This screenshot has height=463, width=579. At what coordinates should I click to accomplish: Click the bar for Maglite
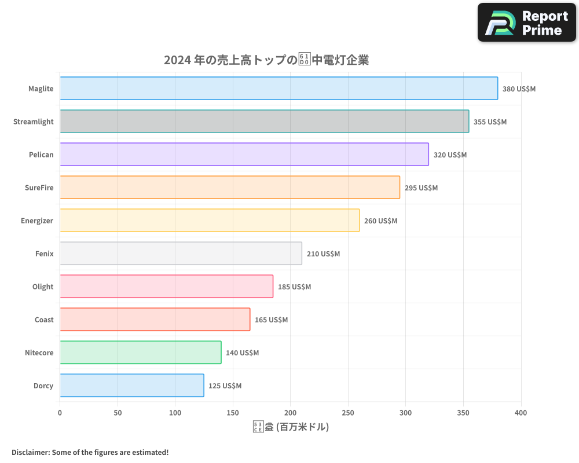click(x=278, y=89)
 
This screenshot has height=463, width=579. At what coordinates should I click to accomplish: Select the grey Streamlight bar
click(x=264, y=122)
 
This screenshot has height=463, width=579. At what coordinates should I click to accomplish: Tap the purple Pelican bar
click(x=244, y=155)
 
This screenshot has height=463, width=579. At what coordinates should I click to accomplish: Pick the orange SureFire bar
click(x=229, y=188)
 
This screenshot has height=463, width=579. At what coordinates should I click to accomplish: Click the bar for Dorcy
click(x=131, y=385)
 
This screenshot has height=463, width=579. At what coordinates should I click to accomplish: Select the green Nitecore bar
click(x=140, y=352)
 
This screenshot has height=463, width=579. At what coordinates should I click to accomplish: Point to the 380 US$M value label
click(x=519, y=89)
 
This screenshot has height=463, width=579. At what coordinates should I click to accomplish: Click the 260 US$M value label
click(x=380, y=221)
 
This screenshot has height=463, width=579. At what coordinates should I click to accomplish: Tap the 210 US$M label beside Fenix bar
click(x=323, y=254)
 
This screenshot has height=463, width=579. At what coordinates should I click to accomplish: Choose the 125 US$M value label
click(x=225, y=386)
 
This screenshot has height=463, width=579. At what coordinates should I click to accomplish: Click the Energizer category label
click(x=38, y=221)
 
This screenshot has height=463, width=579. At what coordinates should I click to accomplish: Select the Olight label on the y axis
click(x=43, y=286)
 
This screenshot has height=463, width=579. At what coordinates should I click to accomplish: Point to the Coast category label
click(x=44, y=319)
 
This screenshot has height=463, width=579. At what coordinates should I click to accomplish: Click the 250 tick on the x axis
click(x=348, y=413)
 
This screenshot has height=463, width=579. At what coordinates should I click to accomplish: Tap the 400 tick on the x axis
click(x=521, y=413)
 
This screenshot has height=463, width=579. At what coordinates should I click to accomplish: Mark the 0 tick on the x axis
click(x=60, y=413)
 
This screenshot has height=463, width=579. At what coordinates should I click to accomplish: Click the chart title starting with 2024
click(x=266, y=60)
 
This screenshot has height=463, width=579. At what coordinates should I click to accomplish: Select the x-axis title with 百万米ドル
click(x=291, y=427)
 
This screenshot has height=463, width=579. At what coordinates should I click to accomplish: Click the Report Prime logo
click(x=526, y=23)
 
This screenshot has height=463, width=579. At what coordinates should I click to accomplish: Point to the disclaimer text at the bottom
click(x=90, y=452)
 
